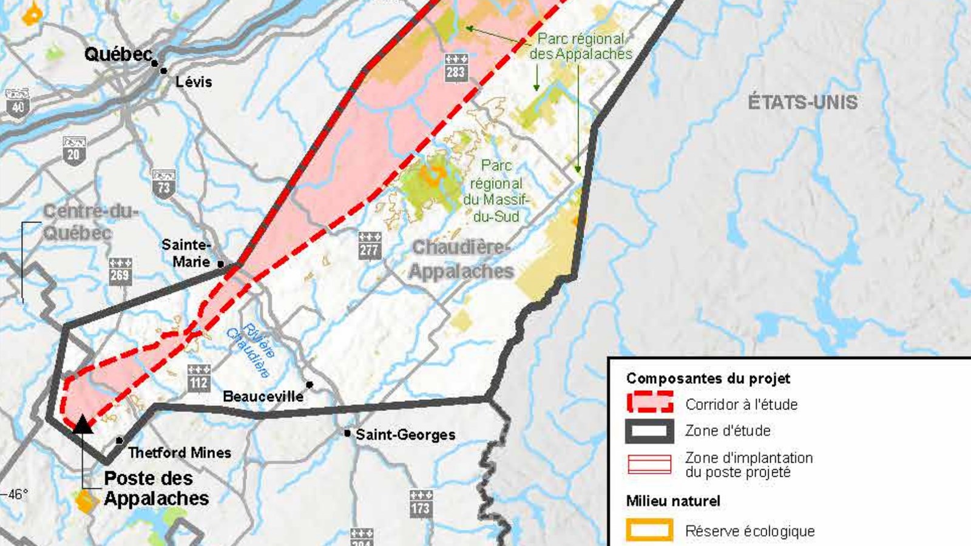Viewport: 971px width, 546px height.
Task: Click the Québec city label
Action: point(118,54)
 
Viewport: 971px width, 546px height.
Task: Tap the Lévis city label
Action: point(194,81)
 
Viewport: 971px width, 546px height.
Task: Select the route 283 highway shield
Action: point(456,67)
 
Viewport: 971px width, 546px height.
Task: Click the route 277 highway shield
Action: point(369,245)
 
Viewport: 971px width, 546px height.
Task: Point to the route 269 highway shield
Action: point(120,271)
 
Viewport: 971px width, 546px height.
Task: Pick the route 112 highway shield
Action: point(198,378)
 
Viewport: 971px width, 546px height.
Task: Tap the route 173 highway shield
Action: point(421,504)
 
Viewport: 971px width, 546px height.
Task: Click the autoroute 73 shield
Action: point(164,184)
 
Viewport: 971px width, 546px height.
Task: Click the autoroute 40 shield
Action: point(18,103)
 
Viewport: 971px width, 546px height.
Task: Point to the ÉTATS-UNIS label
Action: point(802,102)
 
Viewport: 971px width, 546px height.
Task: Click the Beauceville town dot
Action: point(310,385)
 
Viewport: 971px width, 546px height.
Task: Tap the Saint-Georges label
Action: point(405,434)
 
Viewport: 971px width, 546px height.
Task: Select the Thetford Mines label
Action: point(180,453)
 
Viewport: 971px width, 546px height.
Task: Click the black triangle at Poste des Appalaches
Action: point(83,424)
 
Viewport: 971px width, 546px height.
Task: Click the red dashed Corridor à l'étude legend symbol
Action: point(649,402)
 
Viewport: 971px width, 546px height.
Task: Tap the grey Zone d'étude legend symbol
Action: point(649,431)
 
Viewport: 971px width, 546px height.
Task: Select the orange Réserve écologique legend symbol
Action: point(649,530)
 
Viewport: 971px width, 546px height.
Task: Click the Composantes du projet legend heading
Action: point(708,379)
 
